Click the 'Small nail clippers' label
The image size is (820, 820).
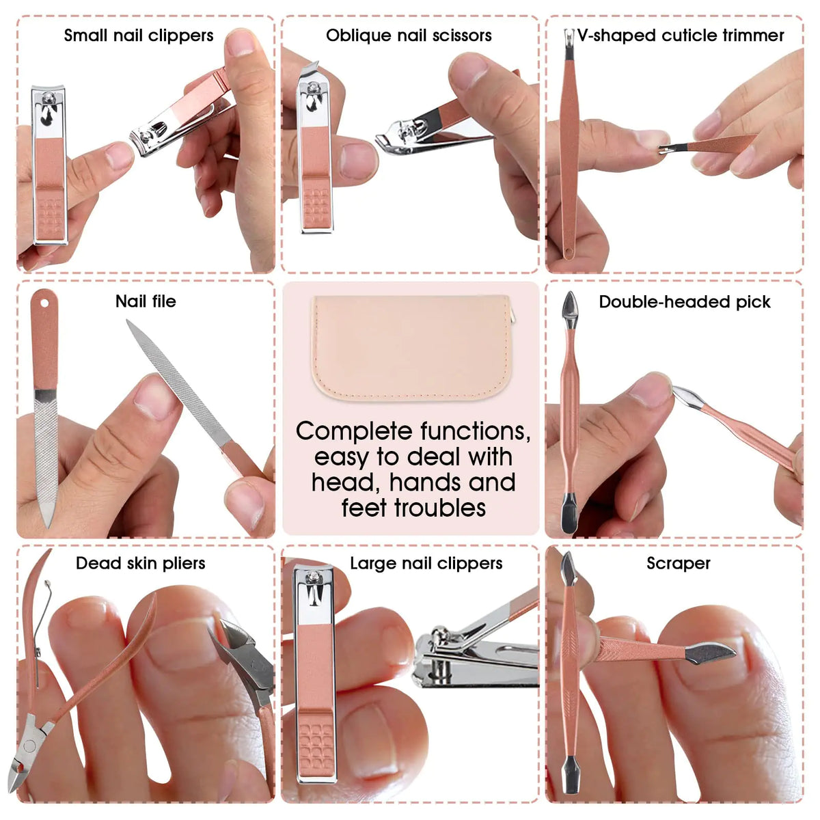click(139, 36)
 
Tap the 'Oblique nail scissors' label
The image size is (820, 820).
click(409, 36)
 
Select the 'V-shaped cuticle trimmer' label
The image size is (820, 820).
click(681, 36)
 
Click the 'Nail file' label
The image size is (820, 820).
click(146, 301)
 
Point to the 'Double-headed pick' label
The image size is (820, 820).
click(685, 302)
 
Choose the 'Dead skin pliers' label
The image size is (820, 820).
click(140, 563)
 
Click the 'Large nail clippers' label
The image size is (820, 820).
click(426, 563)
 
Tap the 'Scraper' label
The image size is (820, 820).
click(679, 563)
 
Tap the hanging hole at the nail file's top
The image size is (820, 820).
click(44, 300)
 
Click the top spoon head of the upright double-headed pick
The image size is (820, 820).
click(570, 305)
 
